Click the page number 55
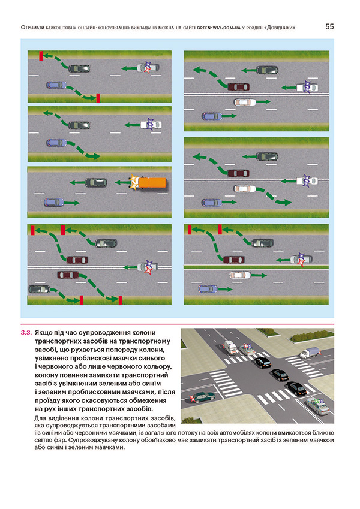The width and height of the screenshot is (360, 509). click(x=330, y=27)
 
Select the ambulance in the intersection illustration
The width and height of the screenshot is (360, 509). click(x=230, y=347)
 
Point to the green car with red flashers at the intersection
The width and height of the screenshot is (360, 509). click(x=202, y=397)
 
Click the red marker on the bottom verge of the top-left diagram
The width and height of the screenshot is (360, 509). click(x=98, y=97)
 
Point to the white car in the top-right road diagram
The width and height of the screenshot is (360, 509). click(x=245, y=102)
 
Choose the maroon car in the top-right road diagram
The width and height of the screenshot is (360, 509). click(x=240, y=86)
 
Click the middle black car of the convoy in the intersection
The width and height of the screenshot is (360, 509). click(x=280, y=375)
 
